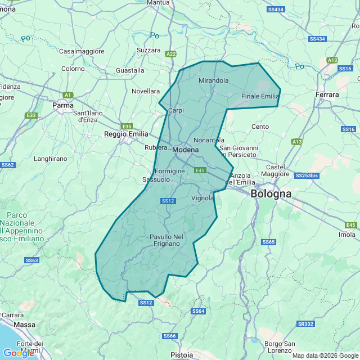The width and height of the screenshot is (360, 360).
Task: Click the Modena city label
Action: (186, 150)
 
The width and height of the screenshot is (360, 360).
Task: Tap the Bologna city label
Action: (271, 193)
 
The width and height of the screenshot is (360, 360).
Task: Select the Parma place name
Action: (62, 105)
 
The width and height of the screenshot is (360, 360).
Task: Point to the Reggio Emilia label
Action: (126, 134)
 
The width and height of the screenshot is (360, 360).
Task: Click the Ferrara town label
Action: (327, 94)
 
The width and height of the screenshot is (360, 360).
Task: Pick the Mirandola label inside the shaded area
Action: (214, 80)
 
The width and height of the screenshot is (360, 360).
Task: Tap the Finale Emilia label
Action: (260, 96)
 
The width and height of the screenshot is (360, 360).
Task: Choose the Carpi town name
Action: (176, 110)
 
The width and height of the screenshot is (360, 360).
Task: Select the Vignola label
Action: (202, 198)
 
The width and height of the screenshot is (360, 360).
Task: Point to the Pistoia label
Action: (182, 355)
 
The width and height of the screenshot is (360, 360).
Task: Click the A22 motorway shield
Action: (171, 54)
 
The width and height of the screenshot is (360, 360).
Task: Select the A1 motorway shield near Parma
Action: (68, 95)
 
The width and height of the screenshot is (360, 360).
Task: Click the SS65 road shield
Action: (268, 242)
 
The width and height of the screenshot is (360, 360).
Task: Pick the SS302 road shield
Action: (305, 324)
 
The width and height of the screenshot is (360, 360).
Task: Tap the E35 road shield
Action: (127, 126)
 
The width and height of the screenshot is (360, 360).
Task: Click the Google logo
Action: (18, 353)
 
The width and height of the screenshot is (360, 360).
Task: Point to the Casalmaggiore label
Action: (82, 51)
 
